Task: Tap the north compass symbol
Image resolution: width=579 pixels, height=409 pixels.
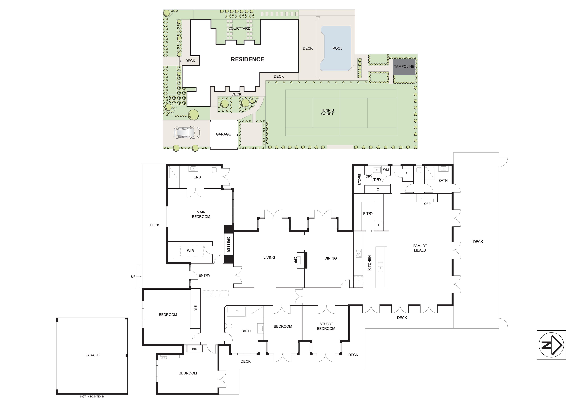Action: click(x=551, y=345)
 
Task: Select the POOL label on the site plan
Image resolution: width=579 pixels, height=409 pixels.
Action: click(x=337, y=48)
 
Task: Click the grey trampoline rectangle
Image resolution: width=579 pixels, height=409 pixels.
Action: click(x=404, y=67)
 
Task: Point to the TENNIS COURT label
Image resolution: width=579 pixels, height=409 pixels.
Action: click(x=327, y=112)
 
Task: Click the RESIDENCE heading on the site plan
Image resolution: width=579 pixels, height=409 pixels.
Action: click(x=247, y=59)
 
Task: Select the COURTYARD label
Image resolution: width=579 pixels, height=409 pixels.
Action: click(x=239, y=28)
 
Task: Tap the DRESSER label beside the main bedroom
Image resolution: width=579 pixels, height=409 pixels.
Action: click(x=228, y=244)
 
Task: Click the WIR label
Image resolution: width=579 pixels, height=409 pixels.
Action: click(x=190, y=251)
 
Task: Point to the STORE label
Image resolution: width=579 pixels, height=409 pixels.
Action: click(x=360, y=179)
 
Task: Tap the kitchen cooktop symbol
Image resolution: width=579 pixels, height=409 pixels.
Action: click(x=358, y=253)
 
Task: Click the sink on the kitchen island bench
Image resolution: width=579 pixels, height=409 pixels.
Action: click(x=381, y=267)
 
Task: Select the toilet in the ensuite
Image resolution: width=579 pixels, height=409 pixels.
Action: click(x=214, y=170)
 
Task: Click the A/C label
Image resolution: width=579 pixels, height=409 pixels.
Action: click(x=164, y=358)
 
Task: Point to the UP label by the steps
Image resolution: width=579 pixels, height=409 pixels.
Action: click(x=133, y=276)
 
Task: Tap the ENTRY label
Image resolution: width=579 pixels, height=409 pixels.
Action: click(x=205, y=275)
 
